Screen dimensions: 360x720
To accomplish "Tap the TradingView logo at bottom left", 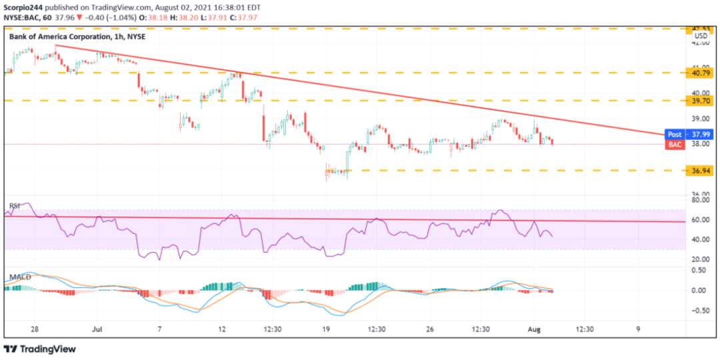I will point(40,349).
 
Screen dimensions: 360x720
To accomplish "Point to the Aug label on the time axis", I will point(533,329).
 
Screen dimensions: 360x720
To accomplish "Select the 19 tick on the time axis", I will point(327,329).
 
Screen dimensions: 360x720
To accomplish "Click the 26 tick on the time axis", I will point(431,329).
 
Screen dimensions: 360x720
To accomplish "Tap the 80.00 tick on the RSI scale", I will point(699,199).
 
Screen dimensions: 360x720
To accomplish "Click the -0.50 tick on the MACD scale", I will point(698,310).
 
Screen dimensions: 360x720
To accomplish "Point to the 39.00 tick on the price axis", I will point(699,119).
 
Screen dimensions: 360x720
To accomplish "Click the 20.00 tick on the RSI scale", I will point(699,259).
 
